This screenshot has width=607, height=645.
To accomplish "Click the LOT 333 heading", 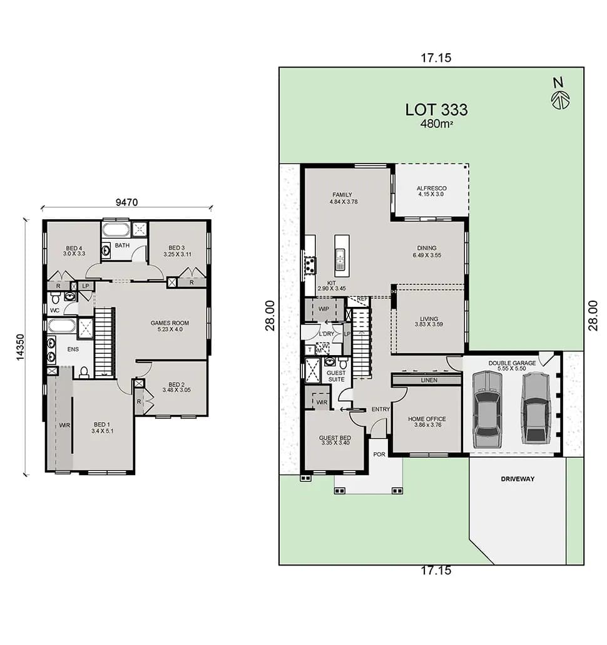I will click(x=436, y=109).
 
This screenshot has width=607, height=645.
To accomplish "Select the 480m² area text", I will click(x=436, y=124).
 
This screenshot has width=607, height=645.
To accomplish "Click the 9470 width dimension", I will click(x=126, y=202).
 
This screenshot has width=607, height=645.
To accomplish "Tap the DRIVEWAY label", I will click(x=518, y=478).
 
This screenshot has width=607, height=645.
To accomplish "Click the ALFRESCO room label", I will click(x=431, y=191).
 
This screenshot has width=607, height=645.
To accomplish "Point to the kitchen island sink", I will click(x=341, y=256).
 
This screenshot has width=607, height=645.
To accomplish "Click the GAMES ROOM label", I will click(x=170, y=326).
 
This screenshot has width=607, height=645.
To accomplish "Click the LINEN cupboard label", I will click(x=429, y=380).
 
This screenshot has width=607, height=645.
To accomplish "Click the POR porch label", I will click(x=379, y=454).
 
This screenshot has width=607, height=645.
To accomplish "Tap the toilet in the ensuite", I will click(x=84, y=373).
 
